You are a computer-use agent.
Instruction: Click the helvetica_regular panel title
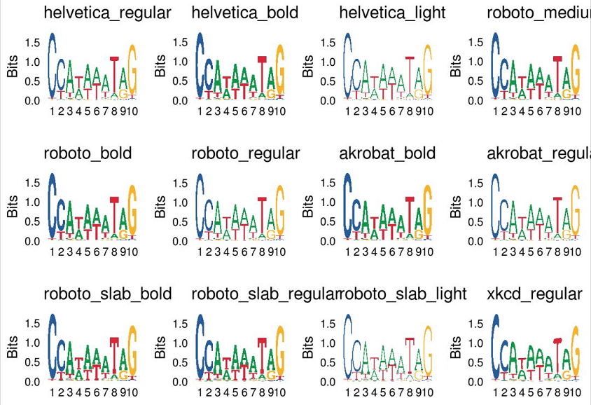(x=107, y=13)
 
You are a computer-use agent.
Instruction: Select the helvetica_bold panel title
(x=244, y=13)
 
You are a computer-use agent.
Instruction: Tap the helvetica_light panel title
(x=392, y=13)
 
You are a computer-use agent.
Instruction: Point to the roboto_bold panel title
(x=88, y=153)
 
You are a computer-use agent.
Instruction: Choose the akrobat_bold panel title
(x=387, y=153)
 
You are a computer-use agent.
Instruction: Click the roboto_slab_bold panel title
(x=107, y=294)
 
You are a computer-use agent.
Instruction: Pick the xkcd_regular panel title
(x=534, y=294)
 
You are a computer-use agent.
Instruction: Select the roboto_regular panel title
(x=245, y=153)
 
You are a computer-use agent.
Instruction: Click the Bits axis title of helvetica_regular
(x=13, y=66)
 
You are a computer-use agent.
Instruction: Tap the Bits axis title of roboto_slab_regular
(x=160, y=347)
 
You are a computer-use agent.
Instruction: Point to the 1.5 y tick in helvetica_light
(x=328, y=42)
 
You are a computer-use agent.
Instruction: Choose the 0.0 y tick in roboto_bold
(x=32, y=241)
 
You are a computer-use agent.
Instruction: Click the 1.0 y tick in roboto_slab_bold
(x=32, y=343)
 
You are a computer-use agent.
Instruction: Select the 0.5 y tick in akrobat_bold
(x=328, y=221)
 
